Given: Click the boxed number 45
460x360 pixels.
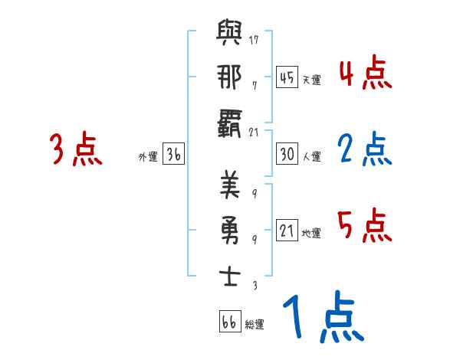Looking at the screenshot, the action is (286, 77).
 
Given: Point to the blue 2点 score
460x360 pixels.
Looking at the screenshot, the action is (363, 150).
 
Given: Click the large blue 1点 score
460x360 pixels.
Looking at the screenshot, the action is (323, 319).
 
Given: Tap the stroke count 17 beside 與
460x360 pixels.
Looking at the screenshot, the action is (253, 39).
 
